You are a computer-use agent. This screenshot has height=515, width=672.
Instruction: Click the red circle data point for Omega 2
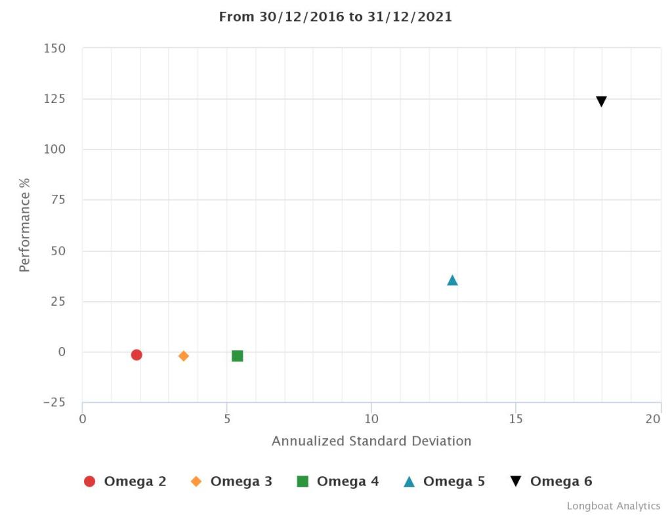pyautogui.click(x=136, y=355)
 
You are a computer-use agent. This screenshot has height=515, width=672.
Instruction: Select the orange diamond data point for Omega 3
pyautogui.click(x=184, y=356)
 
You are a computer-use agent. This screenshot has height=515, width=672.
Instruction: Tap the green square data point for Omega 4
pyautogui.click(x=238, y=356)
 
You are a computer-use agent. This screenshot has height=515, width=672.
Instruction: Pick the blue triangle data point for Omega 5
pyautogui.click(x=452, y=281)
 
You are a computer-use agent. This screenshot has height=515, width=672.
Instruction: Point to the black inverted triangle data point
pyautogui.click(x=601, y=101)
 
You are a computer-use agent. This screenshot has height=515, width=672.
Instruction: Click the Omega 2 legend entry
pyautogui.click(x=125, y=482)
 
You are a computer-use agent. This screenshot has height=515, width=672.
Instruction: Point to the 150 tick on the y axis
pyautogui.click(x=55, y=49)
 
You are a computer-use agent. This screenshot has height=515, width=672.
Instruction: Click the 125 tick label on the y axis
pyautogui.click(x=55, y=99)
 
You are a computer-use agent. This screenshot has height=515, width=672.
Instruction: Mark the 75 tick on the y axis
pyautogui.click(x=58, y=200)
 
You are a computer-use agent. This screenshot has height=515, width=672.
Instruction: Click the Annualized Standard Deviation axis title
pyautogui.click(x=371, y=441)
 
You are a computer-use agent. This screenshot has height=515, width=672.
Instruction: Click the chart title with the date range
pyautogui.click(x=335, y=17)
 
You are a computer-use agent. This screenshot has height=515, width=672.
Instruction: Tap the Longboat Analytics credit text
pyautogui.click(x=614, y=506)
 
